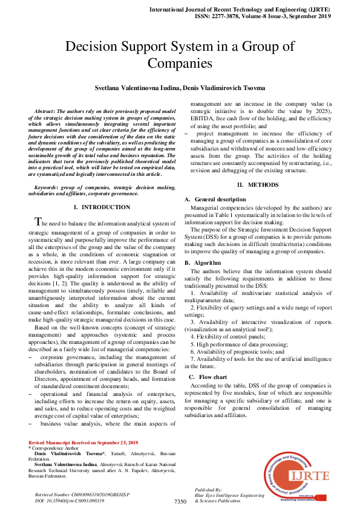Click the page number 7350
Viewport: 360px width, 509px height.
coord(180,501)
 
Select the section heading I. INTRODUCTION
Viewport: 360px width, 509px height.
coord(102,207)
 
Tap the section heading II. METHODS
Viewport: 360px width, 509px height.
coord(257,184)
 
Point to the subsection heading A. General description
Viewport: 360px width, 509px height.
coord(215,199)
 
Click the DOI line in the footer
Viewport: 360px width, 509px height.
coord(70,501)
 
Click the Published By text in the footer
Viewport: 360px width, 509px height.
coord(209,489)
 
